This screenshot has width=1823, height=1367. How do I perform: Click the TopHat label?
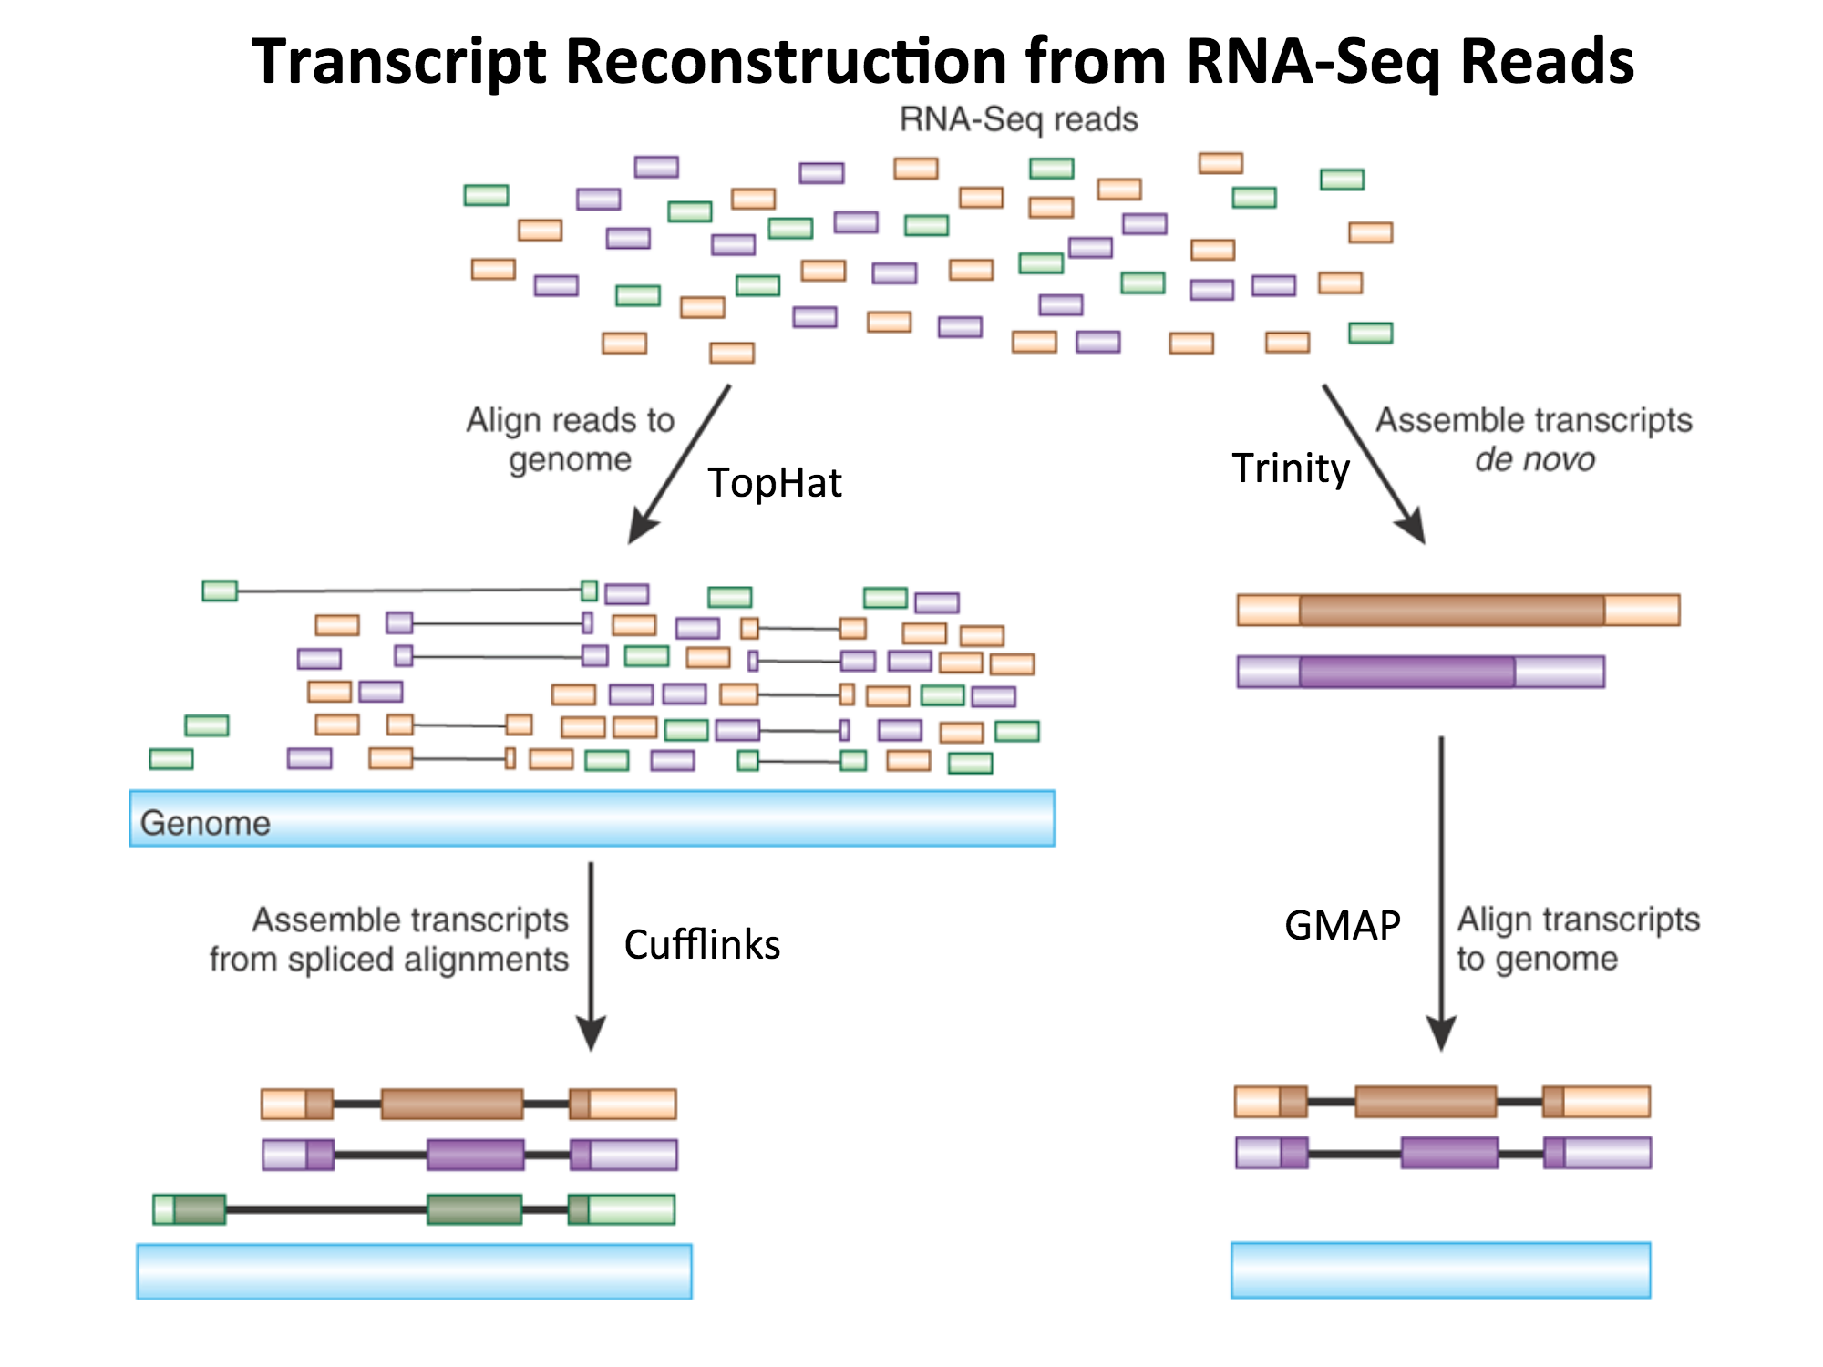775,483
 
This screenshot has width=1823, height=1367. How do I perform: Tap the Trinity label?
1290,468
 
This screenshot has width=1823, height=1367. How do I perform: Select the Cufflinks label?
702,945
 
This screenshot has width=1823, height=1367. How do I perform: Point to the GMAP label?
1342,926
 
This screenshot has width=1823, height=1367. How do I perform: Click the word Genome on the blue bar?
205,823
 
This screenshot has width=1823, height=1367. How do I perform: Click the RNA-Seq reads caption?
1018,119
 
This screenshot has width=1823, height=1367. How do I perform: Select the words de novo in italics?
1535,459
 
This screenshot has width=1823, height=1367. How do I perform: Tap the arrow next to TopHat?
679,465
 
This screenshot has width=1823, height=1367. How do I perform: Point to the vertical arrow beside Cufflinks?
591,957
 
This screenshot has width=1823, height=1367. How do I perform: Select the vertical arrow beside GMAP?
1441,893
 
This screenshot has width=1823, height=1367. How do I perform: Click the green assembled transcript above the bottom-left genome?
415,1209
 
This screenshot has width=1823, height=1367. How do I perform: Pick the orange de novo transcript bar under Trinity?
1457,610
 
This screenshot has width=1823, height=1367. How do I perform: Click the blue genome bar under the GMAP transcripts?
1440,1269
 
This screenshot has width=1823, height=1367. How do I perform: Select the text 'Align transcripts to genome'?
1577,939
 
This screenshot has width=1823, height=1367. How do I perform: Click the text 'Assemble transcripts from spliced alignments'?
390,940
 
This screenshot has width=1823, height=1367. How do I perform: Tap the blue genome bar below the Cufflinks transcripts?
414,1271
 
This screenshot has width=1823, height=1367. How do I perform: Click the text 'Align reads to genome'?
571,439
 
